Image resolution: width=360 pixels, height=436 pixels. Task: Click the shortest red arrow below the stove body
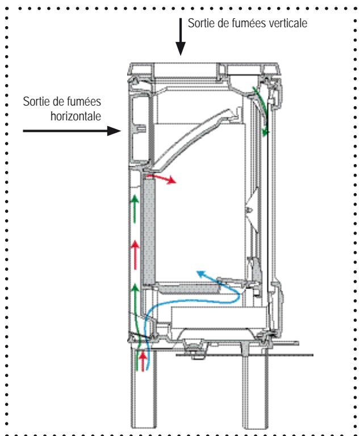click(x=142, y=360)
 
